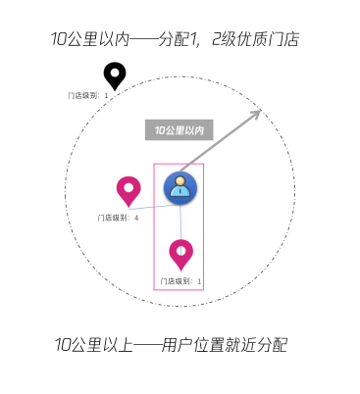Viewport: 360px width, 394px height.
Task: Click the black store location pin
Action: coord(116,76)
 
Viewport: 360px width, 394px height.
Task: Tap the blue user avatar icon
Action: coord(180,187)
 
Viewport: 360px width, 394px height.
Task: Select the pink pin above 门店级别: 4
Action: coord(129,191)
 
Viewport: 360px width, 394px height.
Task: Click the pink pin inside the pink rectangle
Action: coord(181,254)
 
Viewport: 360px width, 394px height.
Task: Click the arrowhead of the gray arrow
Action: coord(257,115)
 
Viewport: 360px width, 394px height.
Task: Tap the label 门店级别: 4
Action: coord(118,218)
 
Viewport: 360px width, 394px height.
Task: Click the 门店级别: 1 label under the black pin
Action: coord(88,95)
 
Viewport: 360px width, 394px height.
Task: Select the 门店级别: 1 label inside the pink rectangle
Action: coord(180,281)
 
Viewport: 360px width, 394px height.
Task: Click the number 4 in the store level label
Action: coord(136,218)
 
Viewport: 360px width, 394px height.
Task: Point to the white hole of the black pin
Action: coord(116,72)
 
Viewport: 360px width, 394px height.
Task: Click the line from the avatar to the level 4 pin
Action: coord(153,206)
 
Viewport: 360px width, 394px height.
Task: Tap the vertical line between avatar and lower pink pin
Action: coord(181,222)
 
